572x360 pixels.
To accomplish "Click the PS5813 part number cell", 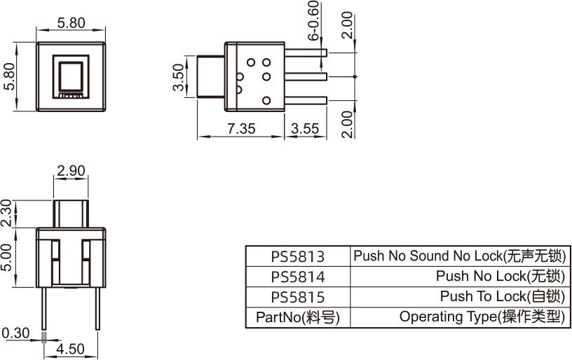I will tap(297, 256).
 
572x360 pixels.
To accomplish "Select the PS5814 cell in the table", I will tap(297, 277).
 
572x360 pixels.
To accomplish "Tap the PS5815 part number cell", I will tap(297, 297).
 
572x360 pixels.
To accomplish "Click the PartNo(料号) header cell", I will tap(297, 317).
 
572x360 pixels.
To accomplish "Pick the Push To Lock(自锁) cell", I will tap(502, 297).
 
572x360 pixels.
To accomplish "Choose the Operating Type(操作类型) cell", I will tap(482, 317).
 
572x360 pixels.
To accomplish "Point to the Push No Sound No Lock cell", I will tap(459, 256).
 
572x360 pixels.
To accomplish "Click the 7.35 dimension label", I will tap(241, 128).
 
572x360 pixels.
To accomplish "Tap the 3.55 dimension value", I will tap(304, 128).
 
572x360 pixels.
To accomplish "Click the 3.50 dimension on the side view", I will tap(179, 77).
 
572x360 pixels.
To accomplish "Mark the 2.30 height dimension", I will tap(6, 213).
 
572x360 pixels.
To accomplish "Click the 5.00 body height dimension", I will tap(6, 257).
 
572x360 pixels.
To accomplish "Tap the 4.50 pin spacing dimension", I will tap(70, 348).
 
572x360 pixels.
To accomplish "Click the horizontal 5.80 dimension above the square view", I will tap(70, 22).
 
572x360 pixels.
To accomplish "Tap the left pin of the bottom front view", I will tap(45, 308).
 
